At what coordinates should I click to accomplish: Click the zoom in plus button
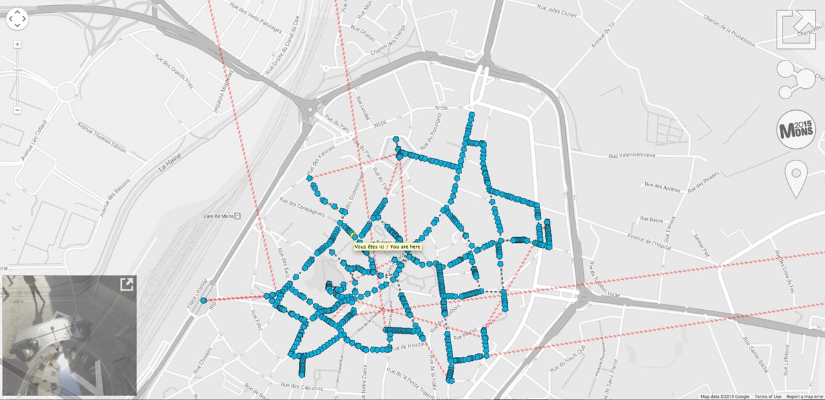[x=17, y=44]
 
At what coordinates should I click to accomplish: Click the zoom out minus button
[x=17, y=110]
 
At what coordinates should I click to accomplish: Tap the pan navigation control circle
[x=17, y=19]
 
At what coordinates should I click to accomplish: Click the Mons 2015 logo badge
[x=796, y=129]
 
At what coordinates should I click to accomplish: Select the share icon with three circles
[x=795, y=79]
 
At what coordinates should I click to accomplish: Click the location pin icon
[x=796, y=180]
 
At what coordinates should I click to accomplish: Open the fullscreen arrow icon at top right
[x=796, y=29]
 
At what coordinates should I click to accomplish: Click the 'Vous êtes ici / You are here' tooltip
[x=387, y=247]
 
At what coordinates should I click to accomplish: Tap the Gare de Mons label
[x=218, y=216]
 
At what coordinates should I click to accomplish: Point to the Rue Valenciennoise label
[x=631, y=155]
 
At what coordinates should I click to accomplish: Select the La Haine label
[x=170, y=162]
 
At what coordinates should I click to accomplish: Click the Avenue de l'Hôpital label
[x=649, y=242]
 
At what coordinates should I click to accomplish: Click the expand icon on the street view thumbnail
[x=126, y=285]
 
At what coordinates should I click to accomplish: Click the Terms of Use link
[x=768, y=396]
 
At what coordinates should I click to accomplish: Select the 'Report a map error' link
[x=804, y=396]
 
